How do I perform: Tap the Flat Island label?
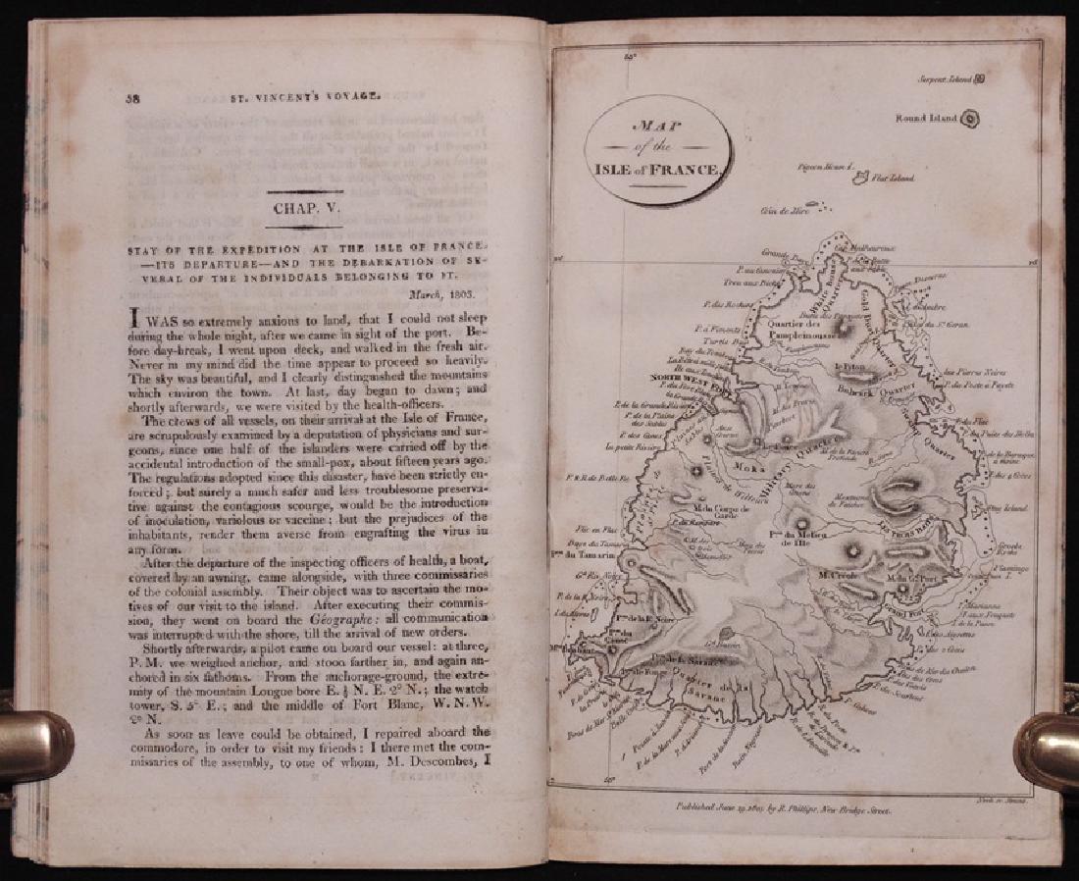(895, 179)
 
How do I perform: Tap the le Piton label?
(847, 369)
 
